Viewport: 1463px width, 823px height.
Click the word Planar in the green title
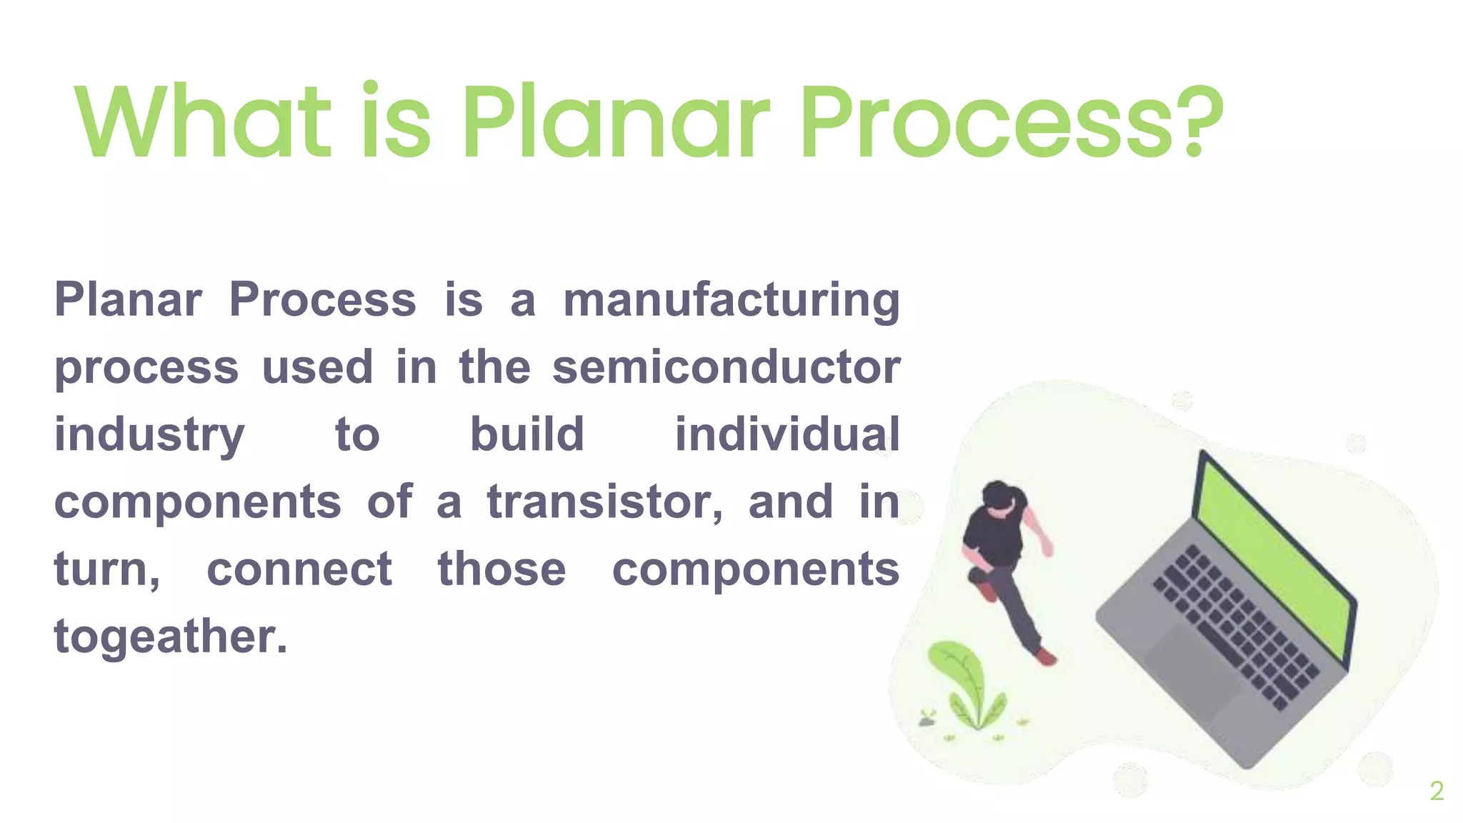[616, 121]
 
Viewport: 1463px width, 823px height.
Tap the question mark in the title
[1202, 121]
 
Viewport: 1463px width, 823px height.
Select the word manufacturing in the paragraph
[731, 300]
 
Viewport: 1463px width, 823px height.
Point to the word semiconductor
[726, 367]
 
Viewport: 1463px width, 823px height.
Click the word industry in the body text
[149, 435]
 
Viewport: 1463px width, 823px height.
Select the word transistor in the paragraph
[604, 502]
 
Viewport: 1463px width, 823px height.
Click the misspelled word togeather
[170, 636]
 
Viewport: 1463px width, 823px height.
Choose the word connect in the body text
[299, 569]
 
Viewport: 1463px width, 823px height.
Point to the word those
[501, 569]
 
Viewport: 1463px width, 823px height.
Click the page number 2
[1437, 791]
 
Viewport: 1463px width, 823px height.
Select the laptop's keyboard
[1236, 622]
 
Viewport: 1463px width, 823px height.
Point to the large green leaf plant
[961, 679]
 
